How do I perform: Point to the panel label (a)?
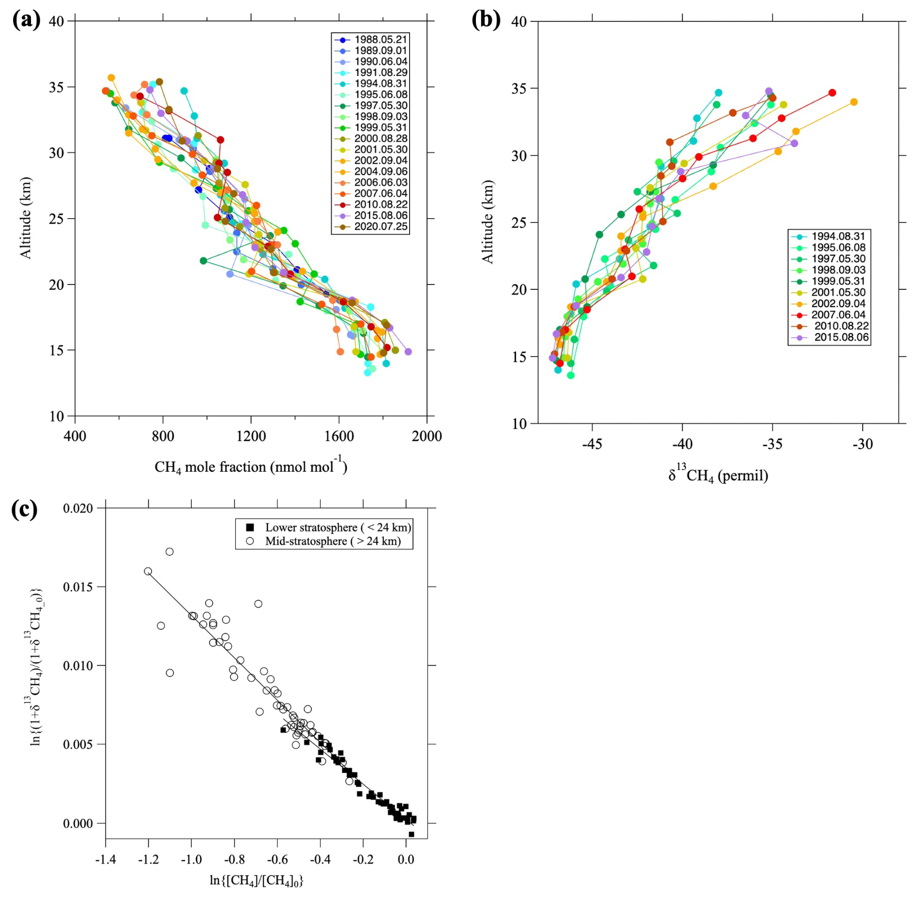(26, 20)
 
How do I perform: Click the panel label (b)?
(486, 20)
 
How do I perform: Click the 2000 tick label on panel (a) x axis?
(427, 436)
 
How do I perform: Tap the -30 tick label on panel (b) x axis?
(862, 444)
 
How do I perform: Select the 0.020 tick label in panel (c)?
(77, 508)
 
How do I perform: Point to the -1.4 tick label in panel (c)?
(105, 859)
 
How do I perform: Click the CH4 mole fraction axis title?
(251, 466)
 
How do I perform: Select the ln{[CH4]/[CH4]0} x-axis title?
(256, 880)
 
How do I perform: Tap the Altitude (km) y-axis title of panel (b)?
(488, 222)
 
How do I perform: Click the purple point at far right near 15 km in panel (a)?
(408, 352)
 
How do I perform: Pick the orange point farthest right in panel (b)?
(854, 102)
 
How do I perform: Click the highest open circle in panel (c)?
(169, 552)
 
